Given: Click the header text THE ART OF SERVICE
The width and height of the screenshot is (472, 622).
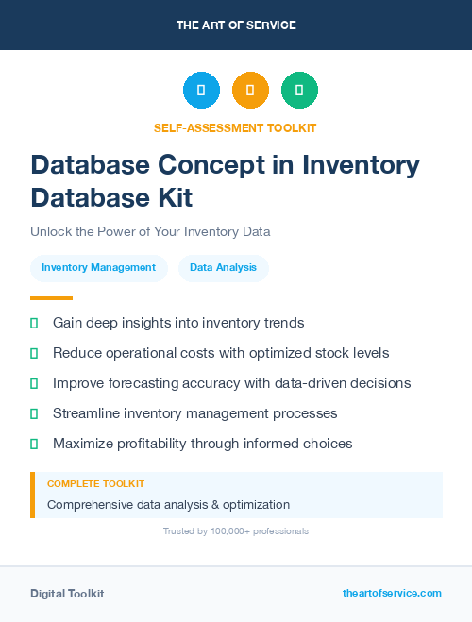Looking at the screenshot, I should (236, 25).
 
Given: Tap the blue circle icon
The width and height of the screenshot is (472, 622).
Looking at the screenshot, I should (201, 90).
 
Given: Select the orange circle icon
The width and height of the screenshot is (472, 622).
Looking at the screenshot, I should (250, 90).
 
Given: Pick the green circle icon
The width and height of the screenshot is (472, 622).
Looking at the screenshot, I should (299, 90).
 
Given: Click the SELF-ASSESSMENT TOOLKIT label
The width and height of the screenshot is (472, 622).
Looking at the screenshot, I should (235, 127).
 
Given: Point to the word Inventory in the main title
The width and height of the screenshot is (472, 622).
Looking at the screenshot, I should (361, 164).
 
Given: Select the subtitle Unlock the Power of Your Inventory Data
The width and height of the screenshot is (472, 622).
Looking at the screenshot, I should (150, 231).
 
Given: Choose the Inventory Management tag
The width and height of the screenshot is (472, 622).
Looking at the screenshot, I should (98, 268).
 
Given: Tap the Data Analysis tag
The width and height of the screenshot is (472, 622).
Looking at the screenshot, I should (223, 268).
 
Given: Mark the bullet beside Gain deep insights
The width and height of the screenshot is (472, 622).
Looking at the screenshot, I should (34, 323).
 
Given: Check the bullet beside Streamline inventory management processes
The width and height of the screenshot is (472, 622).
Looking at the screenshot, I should (34, 413).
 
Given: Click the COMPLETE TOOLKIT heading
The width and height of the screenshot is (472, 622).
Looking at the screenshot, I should (95, 484).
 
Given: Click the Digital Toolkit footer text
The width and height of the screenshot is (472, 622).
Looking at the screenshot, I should (67, 594).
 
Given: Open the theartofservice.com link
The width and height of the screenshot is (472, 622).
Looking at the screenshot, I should (392, 593).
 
